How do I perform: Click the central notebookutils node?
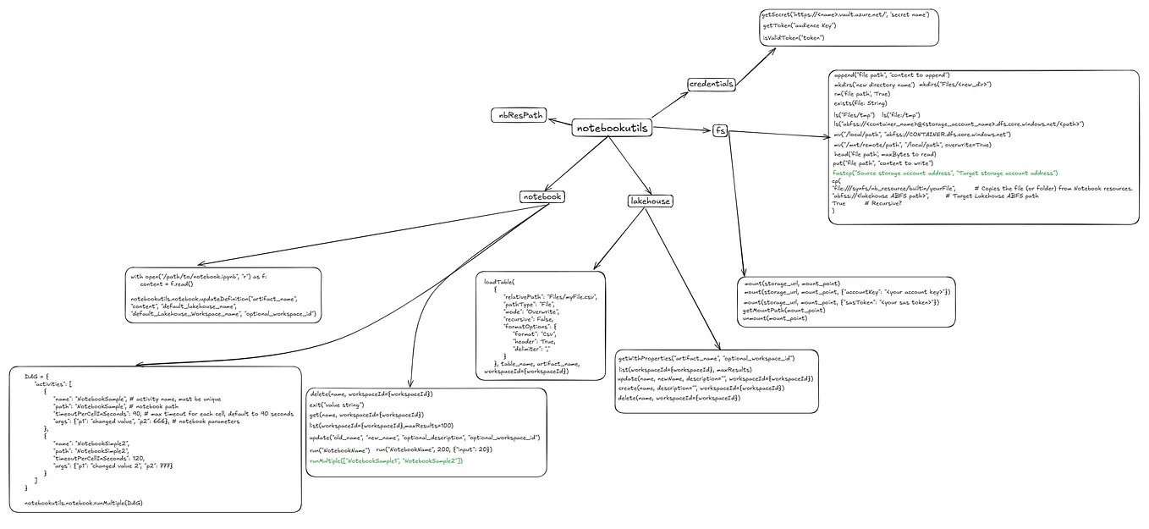612,128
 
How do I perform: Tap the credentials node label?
711,84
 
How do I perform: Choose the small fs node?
720,130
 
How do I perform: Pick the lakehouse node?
650,201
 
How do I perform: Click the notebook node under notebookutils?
542,196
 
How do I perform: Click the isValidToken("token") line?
794,38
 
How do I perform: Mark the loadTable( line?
498,281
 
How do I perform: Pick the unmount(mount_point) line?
775,318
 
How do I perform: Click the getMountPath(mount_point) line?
783,310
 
